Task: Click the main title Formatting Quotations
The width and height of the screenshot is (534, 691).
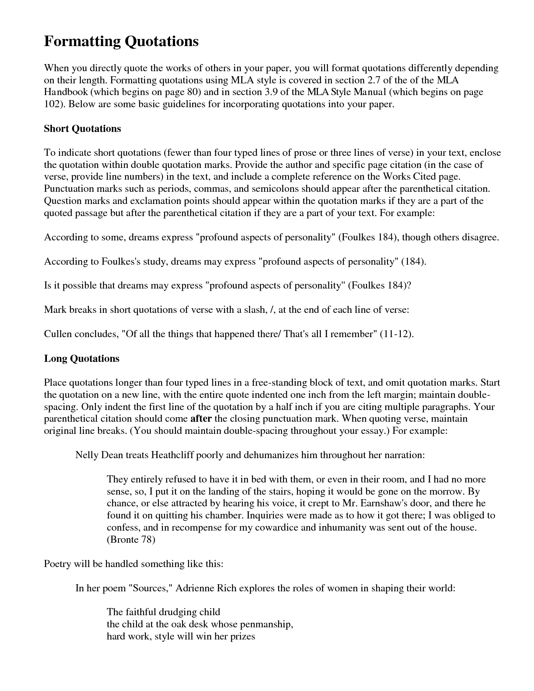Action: [x=121, y=41]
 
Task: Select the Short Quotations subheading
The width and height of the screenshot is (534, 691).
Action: [x=83, y=129]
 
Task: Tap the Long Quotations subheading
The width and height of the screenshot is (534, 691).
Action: [x=82, y=358]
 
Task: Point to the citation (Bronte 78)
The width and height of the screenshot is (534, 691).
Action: [x=131, y=539]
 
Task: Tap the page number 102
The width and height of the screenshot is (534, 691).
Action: [x=52, y=104]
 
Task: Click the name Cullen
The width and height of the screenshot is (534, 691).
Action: [x=58, y=334]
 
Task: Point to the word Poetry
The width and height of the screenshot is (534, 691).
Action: [x=58, y=564]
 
